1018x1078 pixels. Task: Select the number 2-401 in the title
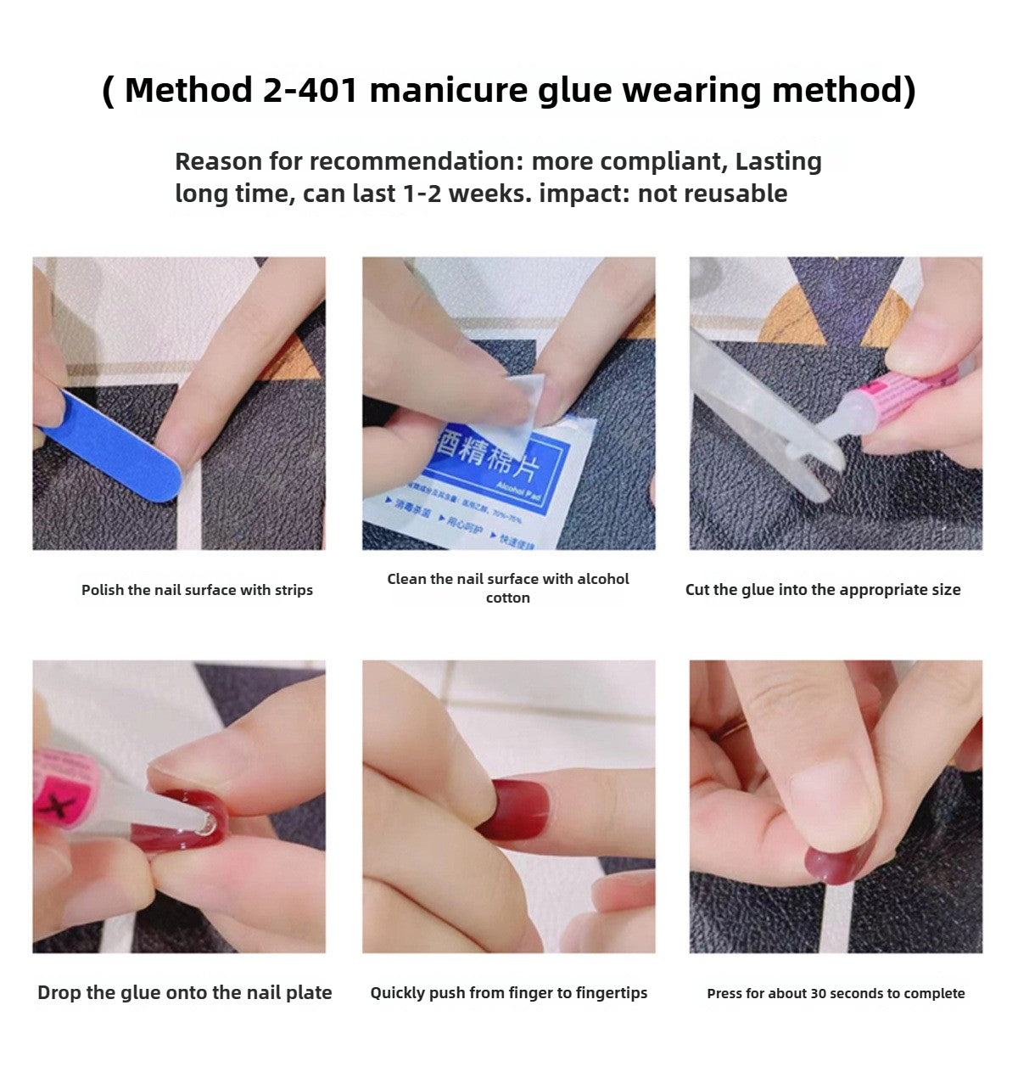(x=310, y=90)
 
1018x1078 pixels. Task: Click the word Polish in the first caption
(x=103, y=590)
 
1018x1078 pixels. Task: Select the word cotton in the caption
(x=507, y=598)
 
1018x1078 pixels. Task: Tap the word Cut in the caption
(x=697, y=590)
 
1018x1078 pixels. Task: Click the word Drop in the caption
(x=59, y=992)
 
